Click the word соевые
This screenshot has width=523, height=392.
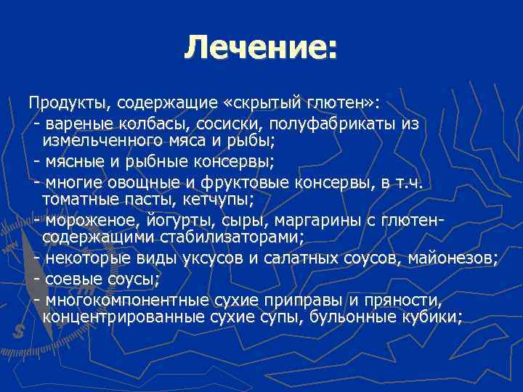(x=70, y=279)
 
